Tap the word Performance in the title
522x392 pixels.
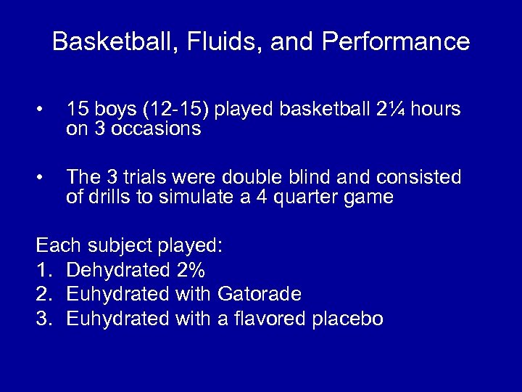point(396,41)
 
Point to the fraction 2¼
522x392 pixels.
point(389,110)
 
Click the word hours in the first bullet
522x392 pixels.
point(434,110)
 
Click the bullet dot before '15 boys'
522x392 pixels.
point(43,110)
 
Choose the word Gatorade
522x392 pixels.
point(258,295)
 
